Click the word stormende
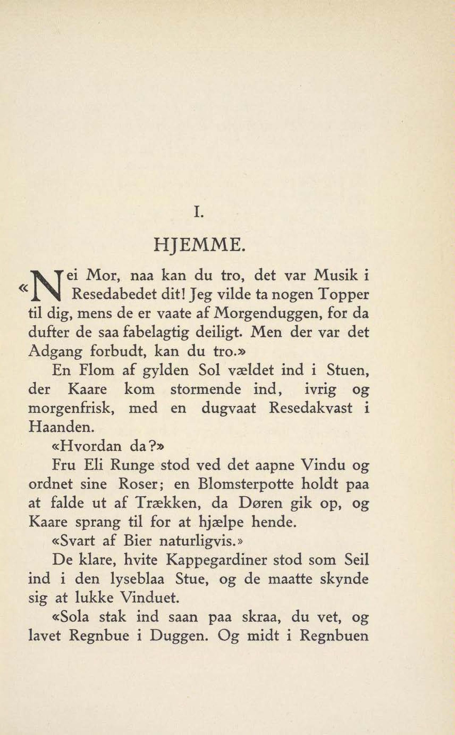[206, 389]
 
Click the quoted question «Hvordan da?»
[108, 446]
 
